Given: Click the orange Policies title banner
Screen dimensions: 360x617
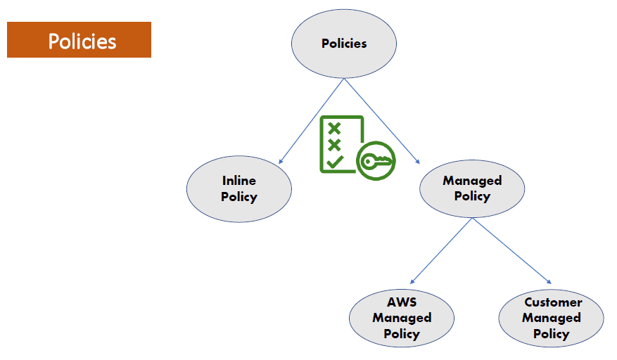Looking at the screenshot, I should (x=79, y=39).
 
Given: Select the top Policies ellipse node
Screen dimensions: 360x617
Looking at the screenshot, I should (x=344, y=43).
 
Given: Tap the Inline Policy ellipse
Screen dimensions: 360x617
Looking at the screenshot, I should (x=238, y=188).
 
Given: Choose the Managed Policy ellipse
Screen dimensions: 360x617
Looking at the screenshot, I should (x=472, y=188).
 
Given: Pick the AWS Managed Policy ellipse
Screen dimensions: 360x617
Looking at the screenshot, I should (x=402, y=318).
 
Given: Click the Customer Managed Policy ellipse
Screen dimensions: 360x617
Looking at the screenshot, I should (x=551, y=318).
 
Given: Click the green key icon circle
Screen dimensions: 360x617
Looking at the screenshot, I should (x=376, y=161).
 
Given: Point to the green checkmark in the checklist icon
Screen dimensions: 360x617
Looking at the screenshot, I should (x=335, y=161).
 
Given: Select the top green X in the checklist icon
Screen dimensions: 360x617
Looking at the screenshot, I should (x=335, y=128).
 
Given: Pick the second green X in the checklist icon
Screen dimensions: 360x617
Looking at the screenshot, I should (x=335, y=144).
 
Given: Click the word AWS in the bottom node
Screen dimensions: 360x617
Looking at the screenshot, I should (x=402, y=302).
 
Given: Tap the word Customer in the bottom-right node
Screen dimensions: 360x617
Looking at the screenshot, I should (x=553, y=302).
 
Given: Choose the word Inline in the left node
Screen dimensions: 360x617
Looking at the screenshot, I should (x=239, y=181).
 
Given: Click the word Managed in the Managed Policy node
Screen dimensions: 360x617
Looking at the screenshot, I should (x=472, y=181).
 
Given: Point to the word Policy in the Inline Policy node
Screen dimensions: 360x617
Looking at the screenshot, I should (x=239, y=197).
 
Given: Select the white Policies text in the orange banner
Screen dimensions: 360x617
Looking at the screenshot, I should (x=82, y=41).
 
